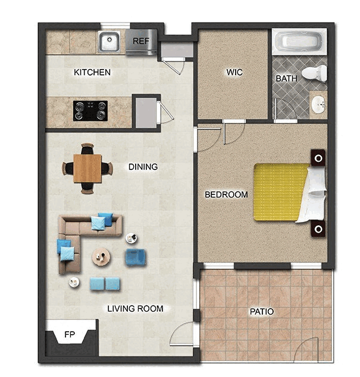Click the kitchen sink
(x=109, y=42)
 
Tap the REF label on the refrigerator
(x=141, y=41)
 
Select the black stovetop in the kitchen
(x=90, y=111)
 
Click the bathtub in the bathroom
(x=299, y=42)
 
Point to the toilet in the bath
(x=314, y=73)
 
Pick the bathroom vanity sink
(x=318, y=105)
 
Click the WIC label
(x=234, y=72)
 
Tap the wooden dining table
(x=87, y=168)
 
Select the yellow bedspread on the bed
(x=280, y=192)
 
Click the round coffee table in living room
(x=101, y=256)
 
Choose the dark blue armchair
(x=135, y=257)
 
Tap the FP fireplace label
(x=70, y=334)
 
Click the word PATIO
(x=262, y=312)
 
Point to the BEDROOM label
(x=226, y=194)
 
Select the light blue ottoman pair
(x=105, y=284)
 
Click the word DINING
(x=143, y=166)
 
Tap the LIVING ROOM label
(x=135, y=309)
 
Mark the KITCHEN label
(x=92, y=72)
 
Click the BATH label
(x=286, y=78)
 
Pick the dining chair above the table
(x=87, y=149)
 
